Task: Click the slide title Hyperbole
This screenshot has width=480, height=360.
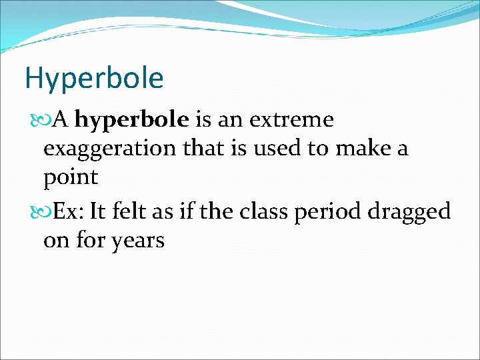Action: [94, 79]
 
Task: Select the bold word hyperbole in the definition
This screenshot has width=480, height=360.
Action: [132, 120]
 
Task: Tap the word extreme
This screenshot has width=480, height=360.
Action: [291, 120]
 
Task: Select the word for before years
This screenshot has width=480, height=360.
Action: [89, 240]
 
